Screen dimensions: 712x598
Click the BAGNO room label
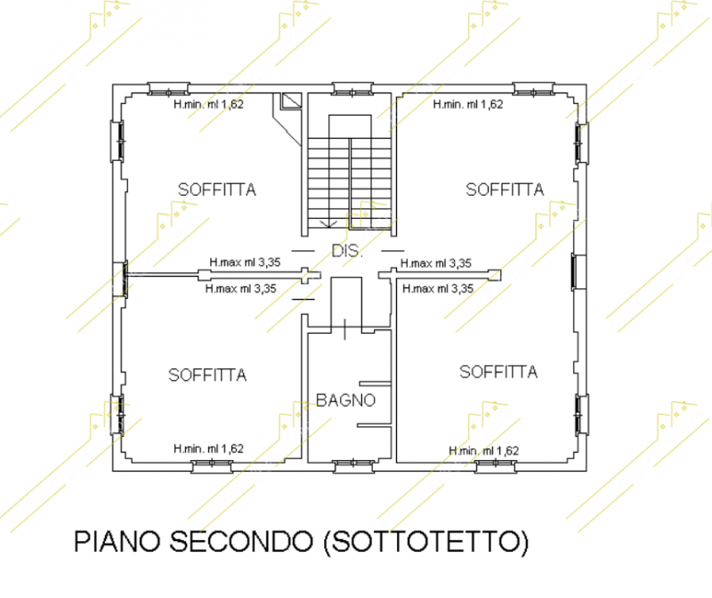(x=345, y=400)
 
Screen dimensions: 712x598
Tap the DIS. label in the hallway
(x=347, y=251)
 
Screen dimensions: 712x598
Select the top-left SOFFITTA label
(x=217, y=190)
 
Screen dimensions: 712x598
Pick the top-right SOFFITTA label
(x=505, y=190)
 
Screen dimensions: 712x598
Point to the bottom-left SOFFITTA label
(x=207, y=375)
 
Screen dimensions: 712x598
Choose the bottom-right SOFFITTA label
(x=498, y=372)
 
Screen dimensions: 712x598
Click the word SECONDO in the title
(x=241, y=541)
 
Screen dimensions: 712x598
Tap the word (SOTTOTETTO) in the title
(x=426, y=541)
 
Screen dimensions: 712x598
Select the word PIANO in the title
(x=117, y=541)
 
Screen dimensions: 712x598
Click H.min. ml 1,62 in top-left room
(x=208, y=104)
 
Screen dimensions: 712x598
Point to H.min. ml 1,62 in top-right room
(x=468, y=104)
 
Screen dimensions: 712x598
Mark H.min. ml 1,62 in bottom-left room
(x=208, y=448)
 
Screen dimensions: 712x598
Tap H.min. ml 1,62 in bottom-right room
(x=483, y=450)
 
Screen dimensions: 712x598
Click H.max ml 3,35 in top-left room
(x=245, y=262)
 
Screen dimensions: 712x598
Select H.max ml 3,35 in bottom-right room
(x=438, y=288)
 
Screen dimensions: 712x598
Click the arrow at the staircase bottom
(x=328, y=223)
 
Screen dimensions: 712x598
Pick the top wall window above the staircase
(x=352, y=90)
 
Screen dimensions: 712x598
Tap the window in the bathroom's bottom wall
(x=353, y=466)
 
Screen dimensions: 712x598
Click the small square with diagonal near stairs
(x=291, y=101)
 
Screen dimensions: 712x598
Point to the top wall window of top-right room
(x=533, y=89)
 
